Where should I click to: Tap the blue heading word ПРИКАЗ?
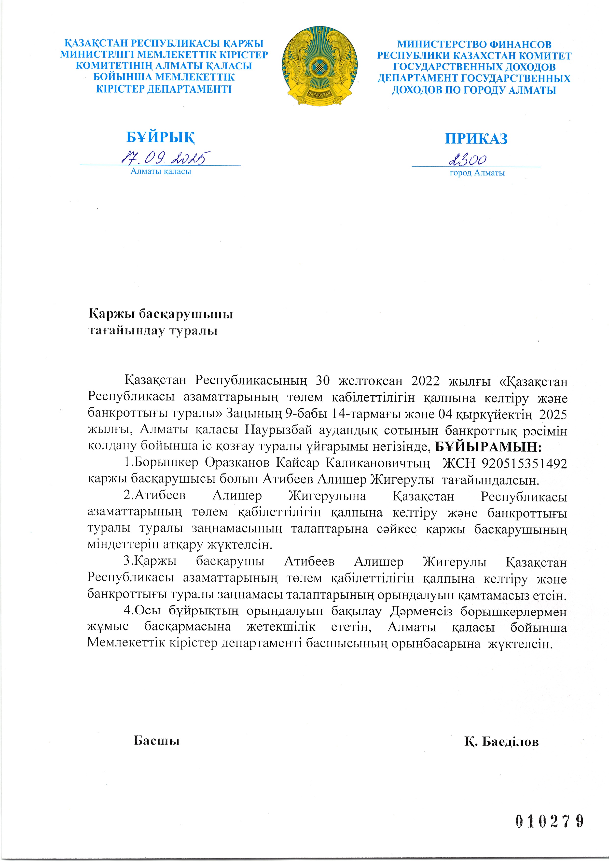476,139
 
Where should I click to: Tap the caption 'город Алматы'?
477,173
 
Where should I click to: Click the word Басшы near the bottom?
156,740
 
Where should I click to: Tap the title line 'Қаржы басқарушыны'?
161,314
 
